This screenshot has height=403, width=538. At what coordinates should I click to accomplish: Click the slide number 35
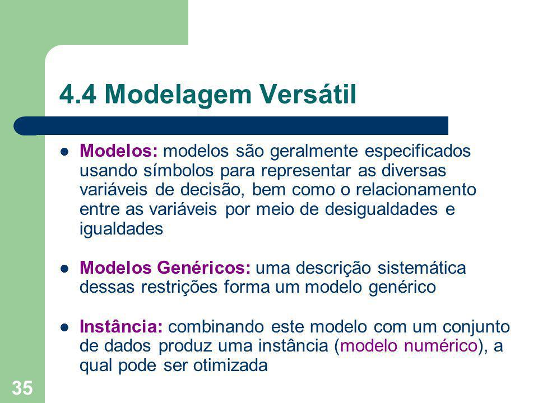coord(22,388)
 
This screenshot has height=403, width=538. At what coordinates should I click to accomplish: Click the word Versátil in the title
coord(308,94)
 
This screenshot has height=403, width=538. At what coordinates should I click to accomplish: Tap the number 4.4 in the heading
coord(77,94)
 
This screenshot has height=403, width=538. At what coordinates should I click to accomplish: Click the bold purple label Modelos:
coord(119,151)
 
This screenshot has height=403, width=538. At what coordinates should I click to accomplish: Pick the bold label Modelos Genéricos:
coord(165,268)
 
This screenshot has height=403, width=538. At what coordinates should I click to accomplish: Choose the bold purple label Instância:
coord(121,326)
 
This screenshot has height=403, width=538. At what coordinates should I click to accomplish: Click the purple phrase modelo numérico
coord(409,345)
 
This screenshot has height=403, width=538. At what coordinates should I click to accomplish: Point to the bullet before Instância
coord(64,327)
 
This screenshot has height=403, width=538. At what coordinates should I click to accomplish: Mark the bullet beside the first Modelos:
coord(64,152)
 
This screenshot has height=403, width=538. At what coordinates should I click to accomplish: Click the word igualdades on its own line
coord(121,229)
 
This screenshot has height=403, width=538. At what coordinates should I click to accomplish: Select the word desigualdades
coord(381,209)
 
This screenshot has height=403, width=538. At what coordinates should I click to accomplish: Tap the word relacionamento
coord(416,190)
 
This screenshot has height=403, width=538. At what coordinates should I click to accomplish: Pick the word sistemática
coord(421,268)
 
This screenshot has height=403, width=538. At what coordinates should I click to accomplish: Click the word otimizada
coord(230,365)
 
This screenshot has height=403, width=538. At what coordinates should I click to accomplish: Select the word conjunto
coord(476,326)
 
